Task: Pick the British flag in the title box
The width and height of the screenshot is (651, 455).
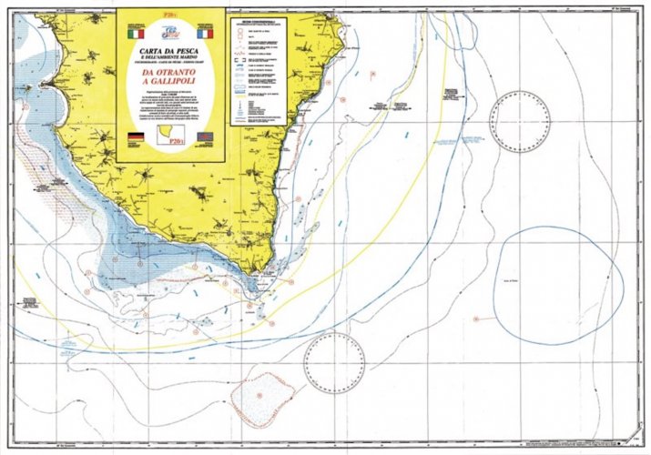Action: (x=209, y=136)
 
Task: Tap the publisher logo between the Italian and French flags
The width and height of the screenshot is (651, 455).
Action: (x=170, y=30)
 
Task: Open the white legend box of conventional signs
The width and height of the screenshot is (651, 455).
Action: (x=258, y=71)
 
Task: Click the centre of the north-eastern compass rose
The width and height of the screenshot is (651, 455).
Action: (x=520, y=122)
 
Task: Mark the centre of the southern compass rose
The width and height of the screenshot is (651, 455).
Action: (x=334, y=365)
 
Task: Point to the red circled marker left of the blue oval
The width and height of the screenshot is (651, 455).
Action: (x=475, y=318)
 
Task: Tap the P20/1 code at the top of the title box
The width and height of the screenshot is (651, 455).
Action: (x=170, y=15)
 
